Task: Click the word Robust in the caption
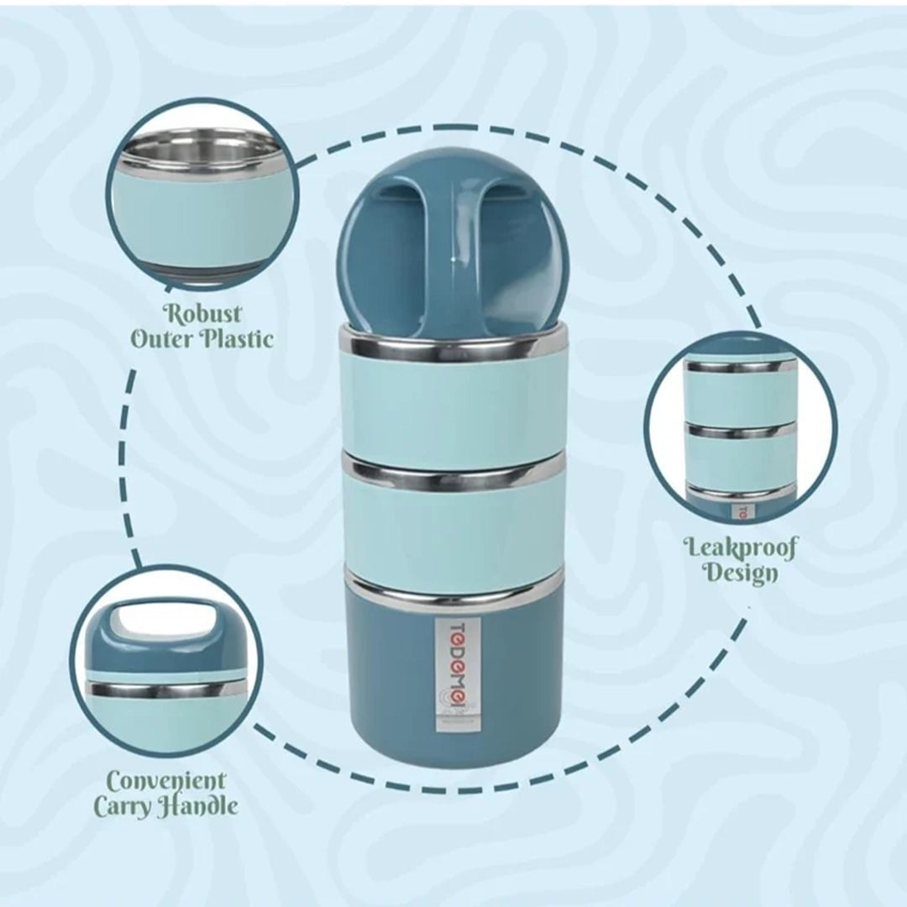[202, 314]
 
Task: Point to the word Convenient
[165, 781]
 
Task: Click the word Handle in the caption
[200, 807]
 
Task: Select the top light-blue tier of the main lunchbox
[453, 407]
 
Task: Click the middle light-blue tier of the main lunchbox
[453, 525]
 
